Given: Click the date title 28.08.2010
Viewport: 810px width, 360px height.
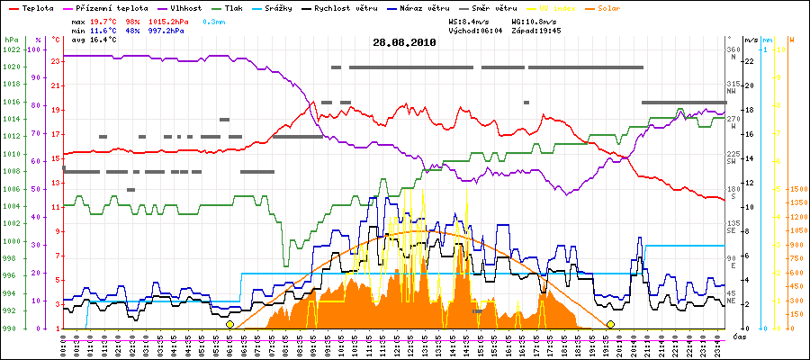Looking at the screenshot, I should click(404, 41).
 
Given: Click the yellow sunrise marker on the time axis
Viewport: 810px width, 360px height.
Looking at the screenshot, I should click(230, 324).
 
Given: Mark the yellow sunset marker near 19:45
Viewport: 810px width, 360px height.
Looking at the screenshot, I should click(611, 324).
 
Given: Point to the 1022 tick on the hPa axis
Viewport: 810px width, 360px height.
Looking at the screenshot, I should click(11, 49).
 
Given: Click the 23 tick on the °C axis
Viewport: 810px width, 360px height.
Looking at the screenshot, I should click(56, 60).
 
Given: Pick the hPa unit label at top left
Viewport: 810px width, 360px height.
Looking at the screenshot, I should click(10, 40).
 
